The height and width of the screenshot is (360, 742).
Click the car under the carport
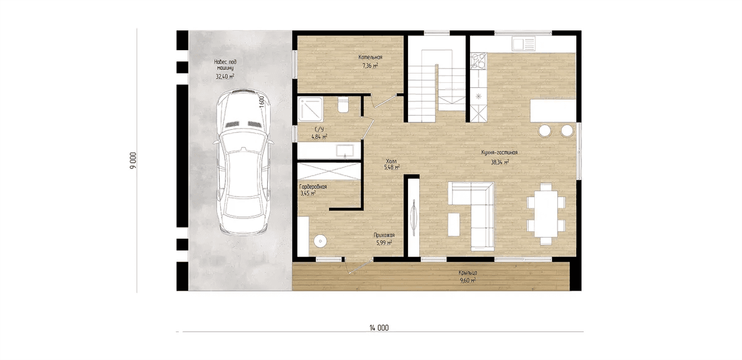coord(244,162)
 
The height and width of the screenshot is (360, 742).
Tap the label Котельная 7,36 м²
coord(370,61)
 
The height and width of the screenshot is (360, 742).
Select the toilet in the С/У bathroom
coord(343,105)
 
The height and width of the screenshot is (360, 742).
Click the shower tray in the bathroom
coord(310,109)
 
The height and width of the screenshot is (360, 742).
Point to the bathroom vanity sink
coord(345,151)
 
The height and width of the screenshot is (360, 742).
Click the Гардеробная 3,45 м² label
coord(313,190)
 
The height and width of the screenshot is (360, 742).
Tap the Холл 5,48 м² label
coord(391,165)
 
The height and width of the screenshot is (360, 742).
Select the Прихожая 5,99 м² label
coord(384,239)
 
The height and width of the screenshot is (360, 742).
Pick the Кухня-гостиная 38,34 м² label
coord(500,157)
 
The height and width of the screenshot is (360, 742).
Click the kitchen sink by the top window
coord(523,44)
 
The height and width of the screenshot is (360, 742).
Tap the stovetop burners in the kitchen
coord(479,61)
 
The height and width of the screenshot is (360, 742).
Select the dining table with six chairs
coord(546,214)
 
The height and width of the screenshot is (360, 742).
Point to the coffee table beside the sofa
coord(454,225)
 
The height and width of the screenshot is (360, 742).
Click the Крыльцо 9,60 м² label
coord(467,276)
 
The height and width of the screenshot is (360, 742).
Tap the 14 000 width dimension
coord(379,328)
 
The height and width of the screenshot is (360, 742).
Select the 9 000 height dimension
coord(133,161)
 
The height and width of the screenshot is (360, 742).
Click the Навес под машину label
coord(225,65)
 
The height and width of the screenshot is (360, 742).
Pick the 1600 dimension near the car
coord(262,102)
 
